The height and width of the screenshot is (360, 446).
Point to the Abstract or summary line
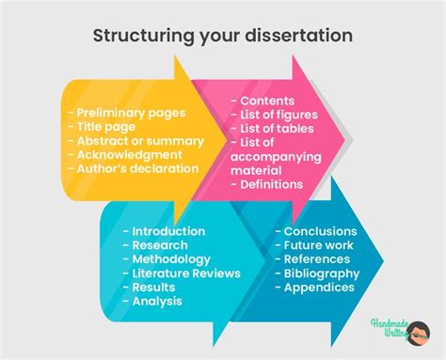tap(135, 141)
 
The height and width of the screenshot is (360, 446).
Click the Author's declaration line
tap(132, 169)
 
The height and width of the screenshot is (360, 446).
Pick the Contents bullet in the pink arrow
tap(267, 101)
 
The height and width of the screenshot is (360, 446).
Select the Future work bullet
tap(314, 245)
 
